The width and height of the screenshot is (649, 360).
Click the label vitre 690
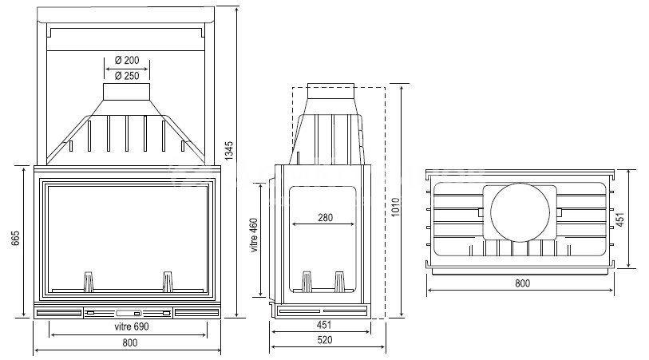pyautogui.click(x=127, y=326)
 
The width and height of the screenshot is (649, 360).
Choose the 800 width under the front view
pyautogui.click(x=128, y=342)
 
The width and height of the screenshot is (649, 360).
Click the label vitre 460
pyautogui.click(x=254, y=236)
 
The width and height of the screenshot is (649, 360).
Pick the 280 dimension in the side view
pyautogui.click(x=324, y=217)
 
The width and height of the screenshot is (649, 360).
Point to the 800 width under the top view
pyautogui.click(x=521, y=283)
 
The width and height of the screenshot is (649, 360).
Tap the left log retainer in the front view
pyautogui.click(x=89, y=281)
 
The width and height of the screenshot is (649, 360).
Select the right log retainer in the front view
pyautogui.click(x=168, y=281)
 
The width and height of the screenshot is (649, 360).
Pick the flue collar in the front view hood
pyautogui.click(x=127, y=92)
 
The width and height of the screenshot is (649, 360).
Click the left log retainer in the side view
pyautogui.click(x=305, y=282)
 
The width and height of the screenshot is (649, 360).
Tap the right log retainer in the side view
pyautogui.click(x=340, y=282)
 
